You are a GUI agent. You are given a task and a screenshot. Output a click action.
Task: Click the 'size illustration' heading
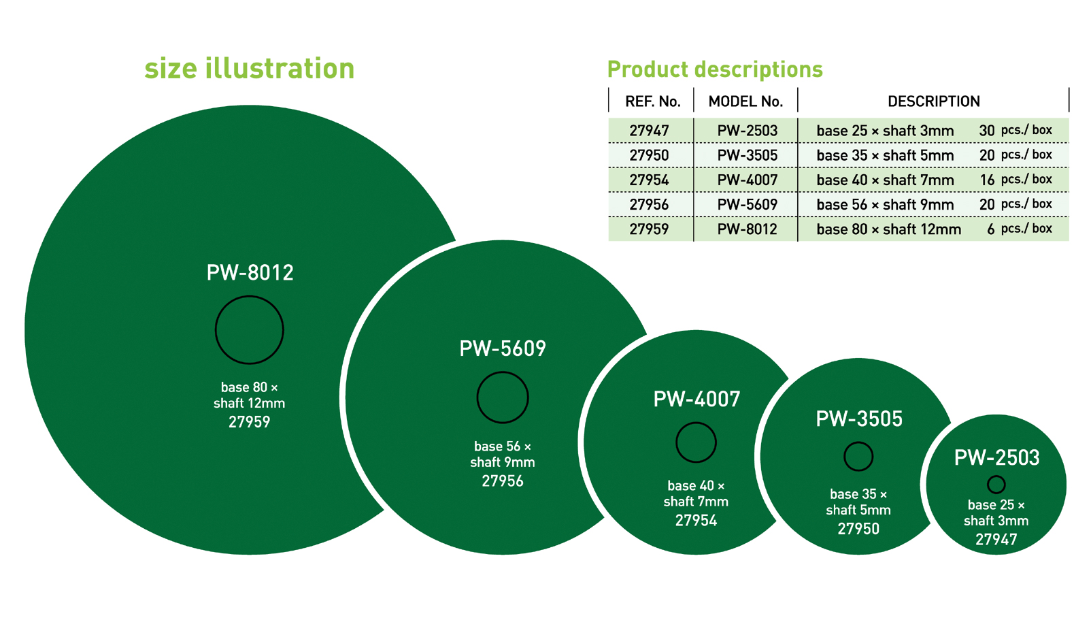250,68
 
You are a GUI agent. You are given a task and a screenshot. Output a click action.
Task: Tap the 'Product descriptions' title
715,69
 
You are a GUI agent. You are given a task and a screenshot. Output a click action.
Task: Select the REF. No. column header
653,101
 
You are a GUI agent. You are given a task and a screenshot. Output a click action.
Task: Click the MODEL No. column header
745,101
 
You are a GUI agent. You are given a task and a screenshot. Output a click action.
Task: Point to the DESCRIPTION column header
934,101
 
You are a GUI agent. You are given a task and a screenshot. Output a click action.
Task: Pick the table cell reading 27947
650,131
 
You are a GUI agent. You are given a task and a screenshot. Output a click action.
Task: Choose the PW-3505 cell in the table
748,155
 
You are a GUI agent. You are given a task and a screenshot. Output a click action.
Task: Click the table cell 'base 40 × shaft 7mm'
885,180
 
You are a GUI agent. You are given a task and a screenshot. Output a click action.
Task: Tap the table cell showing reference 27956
650,205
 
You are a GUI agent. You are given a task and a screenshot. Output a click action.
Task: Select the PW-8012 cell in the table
748,229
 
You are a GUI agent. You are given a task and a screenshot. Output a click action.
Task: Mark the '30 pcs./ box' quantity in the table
1016,130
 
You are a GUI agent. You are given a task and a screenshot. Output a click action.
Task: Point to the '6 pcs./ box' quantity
1020,229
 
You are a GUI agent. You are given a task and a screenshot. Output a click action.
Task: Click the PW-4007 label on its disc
696,399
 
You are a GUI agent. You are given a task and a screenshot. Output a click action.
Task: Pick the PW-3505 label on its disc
859,419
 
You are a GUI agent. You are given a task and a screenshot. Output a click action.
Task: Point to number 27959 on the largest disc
250,421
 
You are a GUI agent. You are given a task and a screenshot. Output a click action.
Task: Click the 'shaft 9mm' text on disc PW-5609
503,462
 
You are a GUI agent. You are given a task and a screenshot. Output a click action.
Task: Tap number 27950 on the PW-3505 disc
858,529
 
